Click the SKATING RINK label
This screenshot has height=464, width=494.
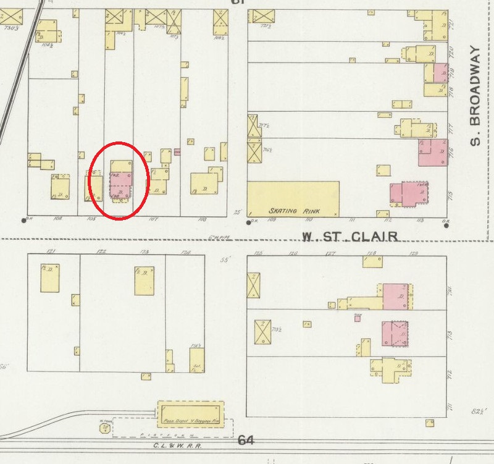click(292, 211)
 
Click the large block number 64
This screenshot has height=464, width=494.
click(246, 441)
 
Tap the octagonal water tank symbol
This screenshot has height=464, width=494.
click(106, 427)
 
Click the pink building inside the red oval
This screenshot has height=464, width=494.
click(120, 185)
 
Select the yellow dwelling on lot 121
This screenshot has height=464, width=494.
click(50, 278)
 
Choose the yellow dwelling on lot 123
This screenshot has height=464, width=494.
click(144, 281)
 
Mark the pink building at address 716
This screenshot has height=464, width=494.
click(432, 152)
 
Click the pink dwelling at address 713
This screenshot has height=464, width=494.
click(396, 334)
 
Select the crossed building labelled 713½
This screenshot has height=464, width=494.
click(263, 332)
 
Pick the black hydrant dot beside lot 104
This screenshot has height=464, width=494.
click(23, 220)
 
